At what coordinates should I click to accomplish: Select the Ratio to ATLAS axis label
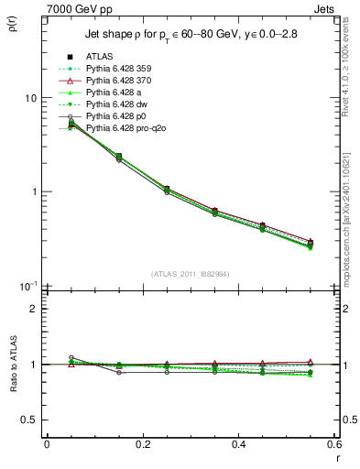(12, 364)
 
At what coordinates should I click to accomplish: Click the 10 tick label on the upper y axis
(29, 97)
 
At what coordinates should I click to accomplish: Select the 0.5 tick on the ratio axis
(28, 420)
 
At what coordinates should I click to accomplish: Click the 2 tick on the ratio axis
(32, 309)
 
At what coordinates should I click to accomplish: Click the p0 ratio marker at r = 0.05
(71, 358)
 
